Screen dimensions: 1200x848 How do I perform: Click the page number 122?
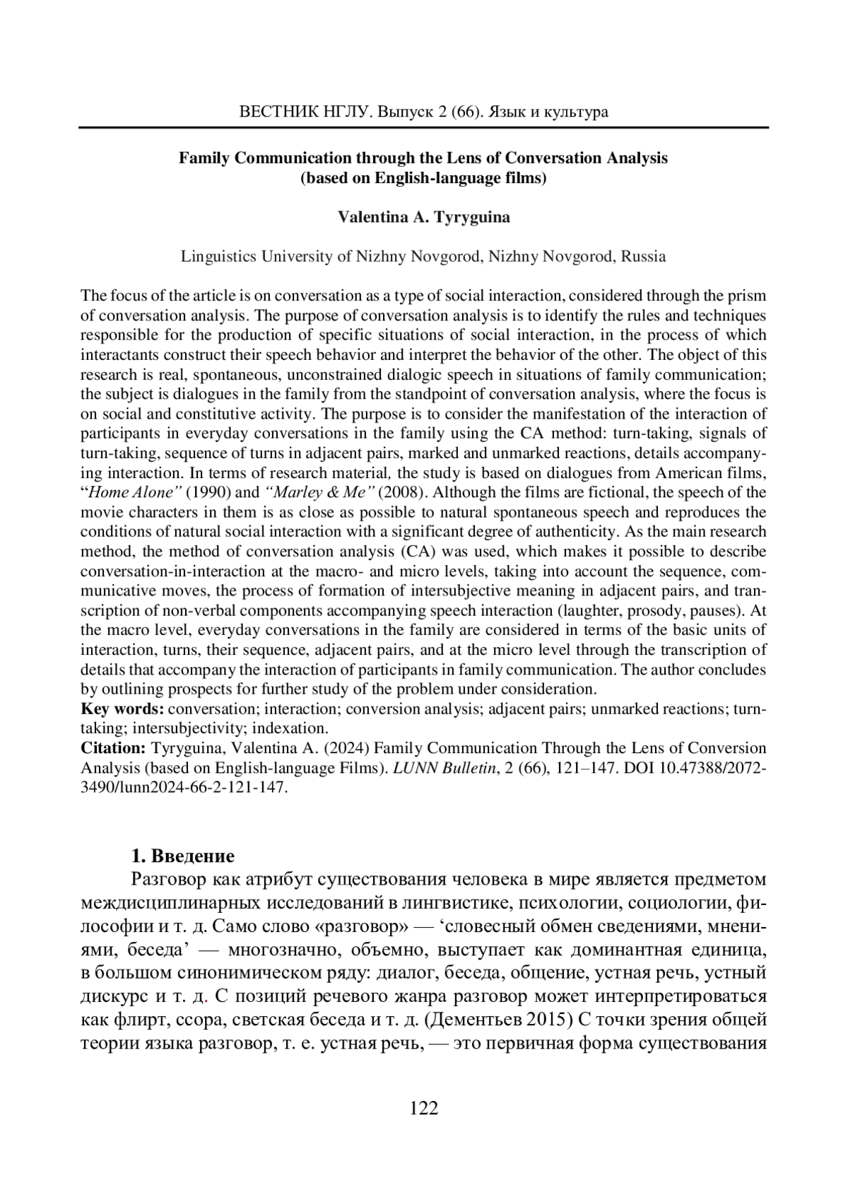424,1108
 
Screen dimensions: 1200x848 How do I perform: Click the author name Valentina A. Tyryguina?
424,217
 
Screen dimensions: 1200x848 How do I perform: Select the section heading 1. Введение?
182,856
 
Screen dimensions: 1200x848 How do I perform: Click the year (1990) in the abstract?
208,492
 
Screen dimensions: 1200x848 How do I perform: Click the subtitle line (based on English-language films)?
424,177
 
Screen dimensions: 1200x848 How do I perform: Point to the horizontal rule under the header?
424,127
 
